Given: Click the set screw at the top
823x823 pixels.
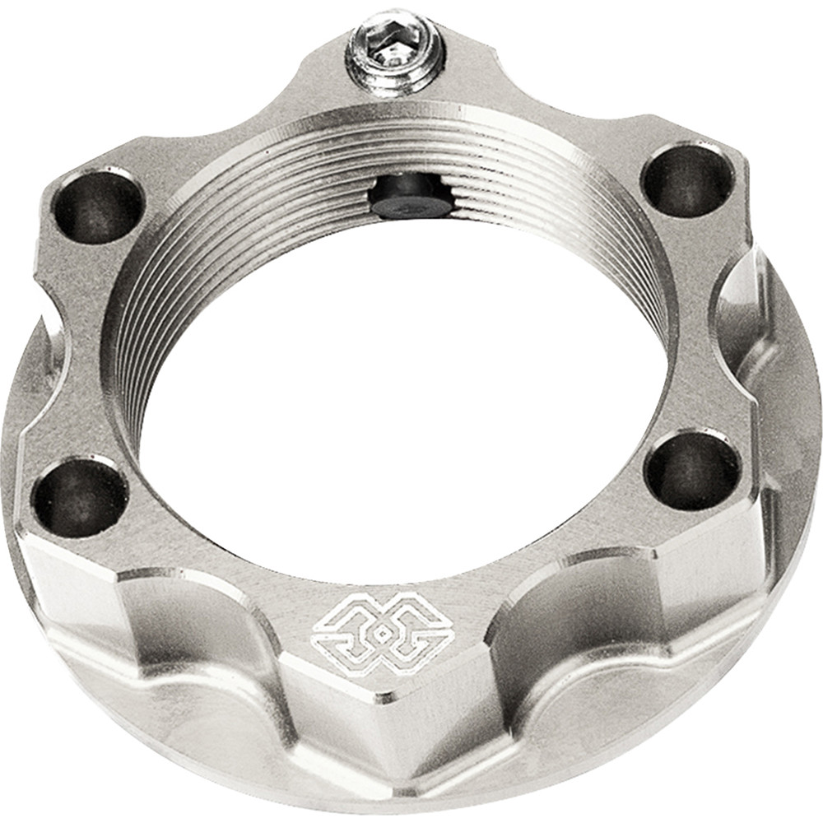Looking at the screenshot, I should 394,54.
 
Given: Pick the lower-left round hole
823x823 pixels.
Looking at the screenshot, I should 81,495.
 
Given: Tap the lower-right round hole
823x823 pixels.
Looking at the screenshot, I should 692,468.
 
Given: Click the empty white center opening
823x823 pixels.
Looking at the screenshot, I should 403,395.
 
